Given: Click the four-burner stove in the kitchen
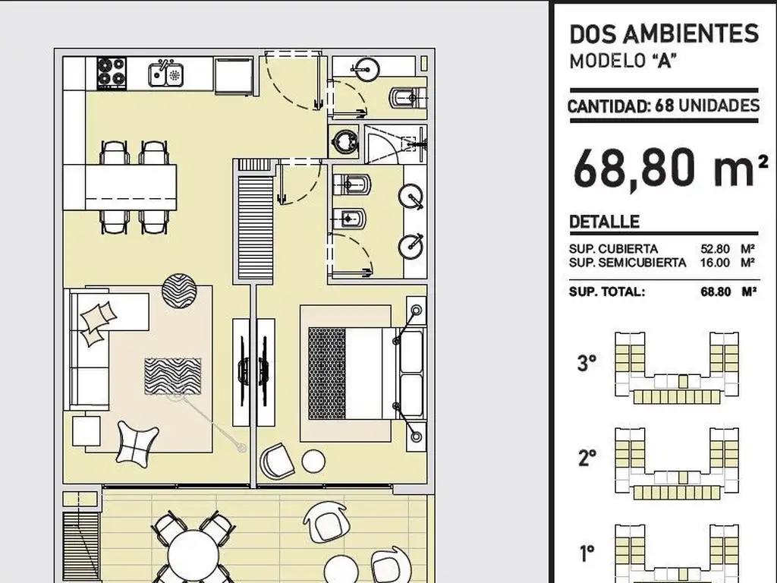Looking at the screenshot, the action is point(112,73).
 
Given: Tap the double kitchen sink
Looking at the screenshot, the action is point(166,74).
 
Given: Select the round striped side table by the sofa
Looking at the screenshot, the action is point(179,291).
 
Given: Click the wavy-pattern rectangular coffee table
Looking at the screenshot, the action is point(172,377).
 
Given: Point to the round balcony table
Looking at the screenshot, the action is point(193,556).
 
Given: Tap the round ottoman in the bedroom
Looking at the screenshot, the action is point(313,461).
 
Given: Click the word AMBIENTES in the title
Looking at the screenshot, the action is point(690,33).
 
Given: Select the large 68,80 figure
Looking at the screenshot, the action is point(640,167).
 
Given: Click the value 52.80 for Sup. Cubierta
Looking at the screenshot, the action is point(715,249).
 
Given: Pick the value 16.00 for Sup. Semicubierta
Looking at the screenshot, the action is point(715,263).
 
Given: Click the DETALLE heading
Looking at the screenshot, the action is point(604,222).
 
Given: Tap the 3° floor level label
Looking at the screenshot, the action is point(587,363).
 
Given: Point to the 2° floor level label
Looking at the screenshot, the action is point(587,458).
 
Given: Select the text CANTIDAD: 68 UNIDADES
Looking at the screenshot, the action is point(663,106).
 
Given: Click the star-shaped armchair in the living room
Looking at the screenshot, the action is point(137,443).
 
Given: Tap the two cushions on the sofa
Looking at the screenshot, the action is point(98,323).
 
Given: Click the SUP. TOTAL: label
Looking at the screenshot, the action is point(606,291).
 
